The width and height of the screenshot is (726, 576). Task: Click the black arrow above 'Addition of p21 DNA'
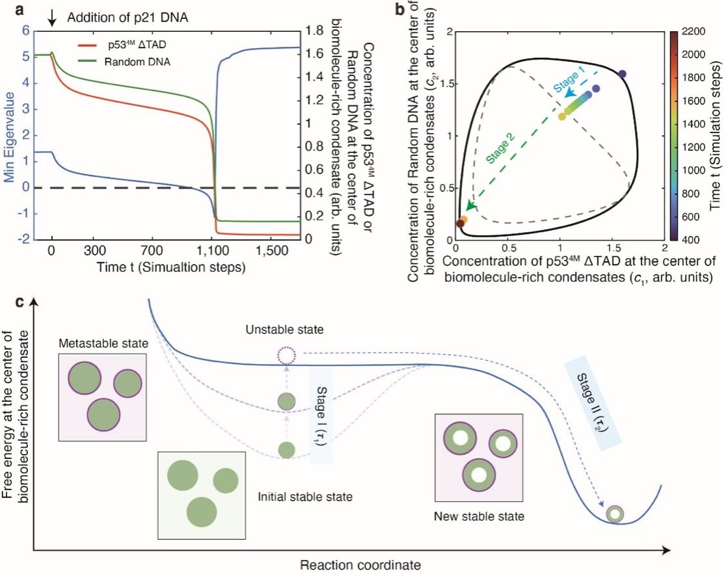52,17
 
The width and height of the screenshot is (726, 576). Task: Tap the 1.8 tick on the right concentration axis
317,31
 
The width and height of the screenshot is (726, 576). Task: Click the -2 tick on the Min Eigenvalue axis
27,239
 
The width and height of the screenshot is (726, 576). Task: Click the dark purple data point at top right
622,74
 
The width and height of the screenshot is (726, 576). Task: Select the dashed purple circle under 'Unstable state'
286,356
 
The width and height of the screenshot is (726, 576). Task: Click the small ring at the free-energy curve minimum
614,514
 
